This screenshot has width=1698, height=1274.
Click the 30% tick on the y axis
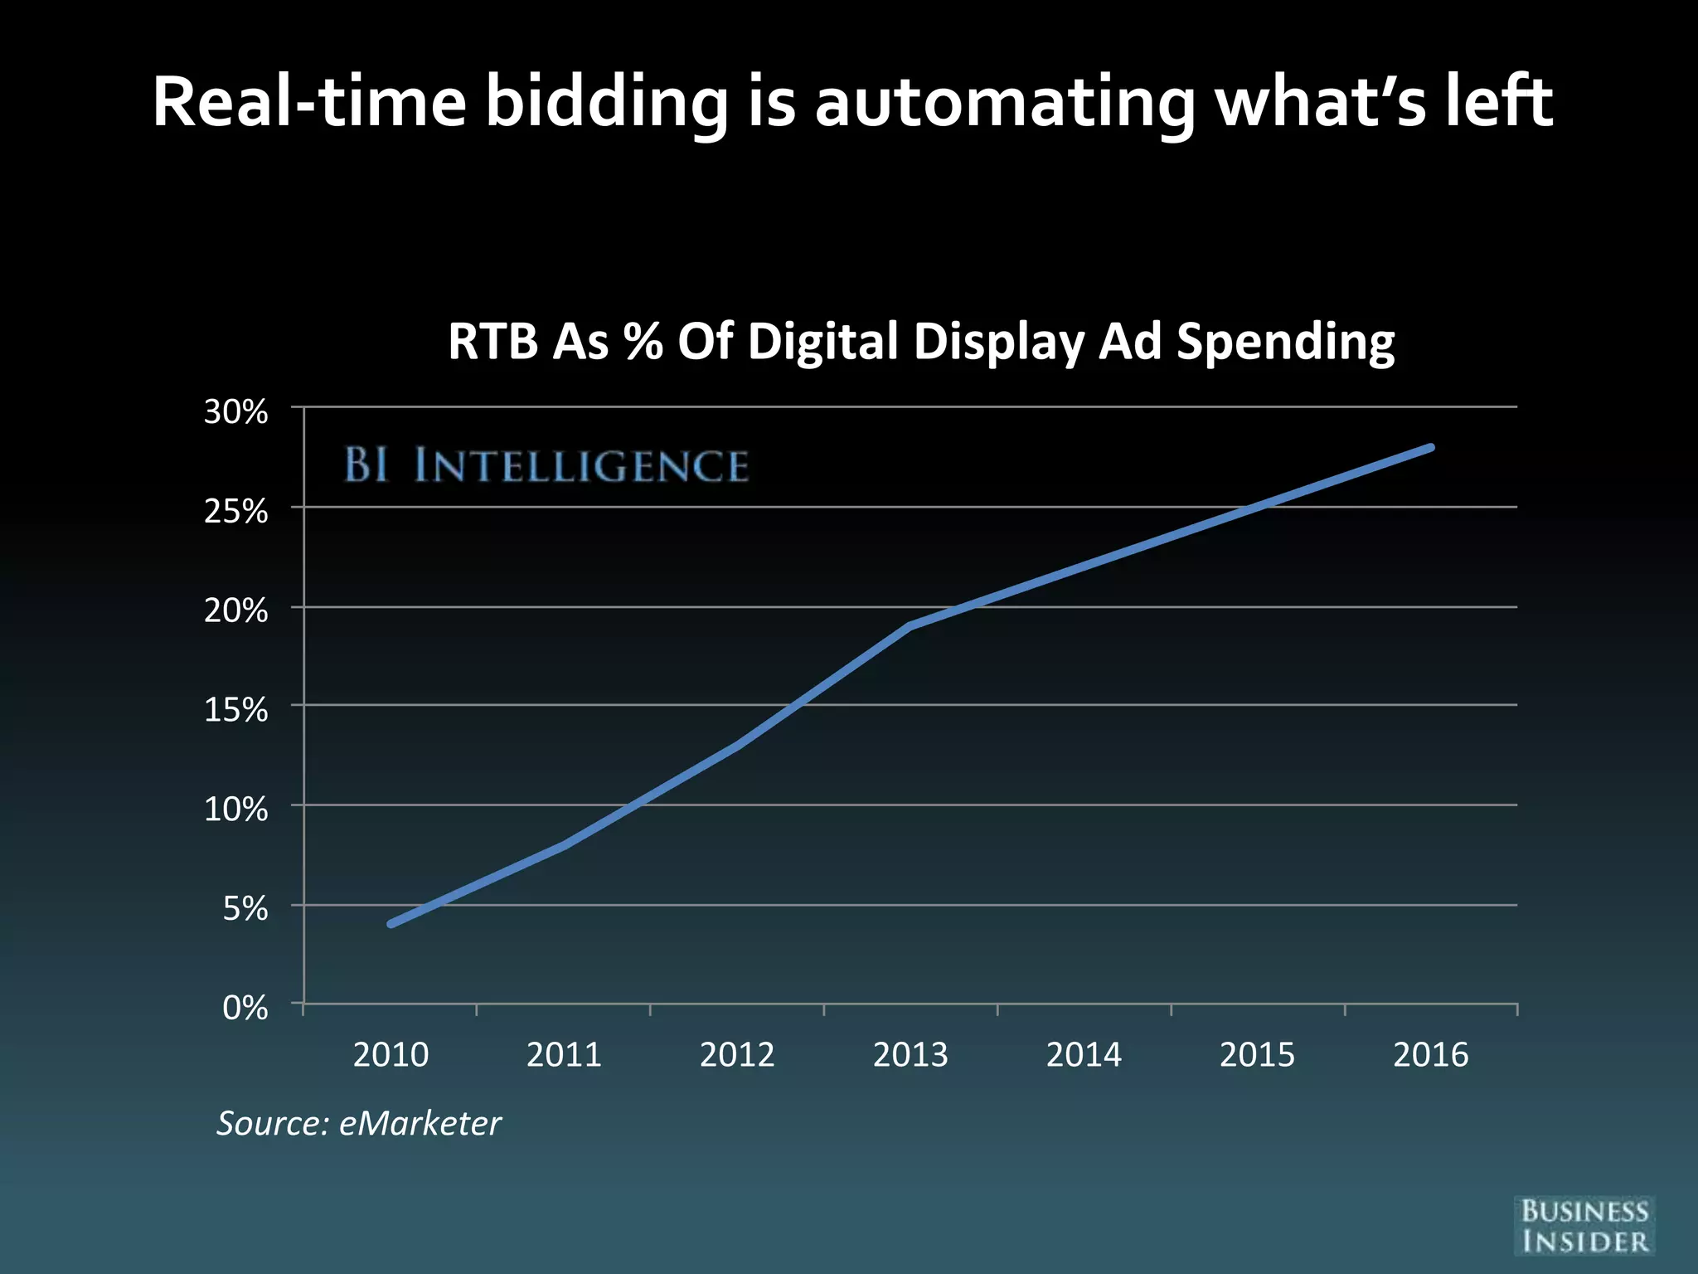click(x=235, y=411)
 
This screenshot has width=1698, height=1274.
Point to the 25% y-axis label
click(x=235, y=511)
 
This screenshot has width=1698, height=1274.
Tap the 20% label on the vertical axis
click(x=235, y=610)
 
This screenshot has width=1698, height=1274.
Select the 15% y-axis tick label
click(x=235, y=710)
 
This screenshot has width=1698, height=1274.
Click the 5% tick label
click(x=245, y=909)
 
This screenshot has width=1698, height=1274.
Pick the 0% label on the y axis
click(x=245, y=1008)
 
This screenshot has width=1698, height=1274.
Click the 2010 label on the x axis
click(x=391, y=1055)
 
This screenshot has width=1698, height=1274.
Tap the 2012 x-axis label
click(x=737, y=1055)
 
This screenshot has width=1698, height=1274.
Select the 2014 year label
click(x=1084, y=1055)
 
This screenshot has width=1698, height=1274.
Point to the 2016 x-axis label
click(x=1430, y=1055)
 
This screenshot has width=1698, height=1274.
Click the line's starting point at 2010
click(x=391, y=924)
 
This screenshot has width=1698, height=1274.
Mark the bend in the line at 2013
click(x=910, y=626)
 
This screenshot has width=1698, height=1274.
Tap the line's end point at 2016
click(x=1431, y=448)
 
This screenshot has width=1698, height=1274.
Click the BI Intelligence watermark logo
click(x=546, y=465)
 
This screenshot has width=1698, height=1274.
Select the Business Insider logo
click(x=1584, y=1226)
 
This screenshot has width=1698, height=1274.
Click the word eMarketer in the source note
click(x=420, y=1124)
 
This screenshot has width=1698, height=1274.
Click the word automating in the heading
click(x=1004, y=103)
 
